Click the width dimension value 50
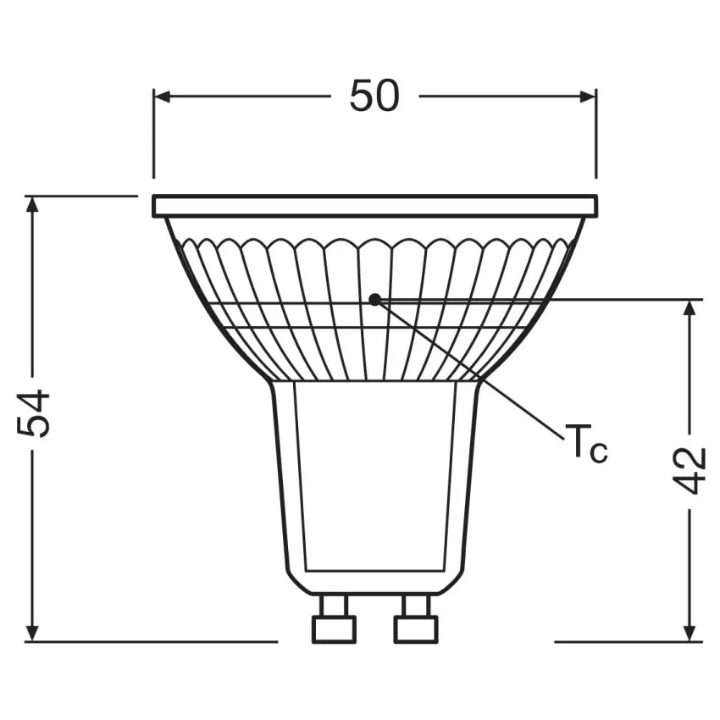[374, 97]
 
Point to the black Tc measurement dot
[374, 298]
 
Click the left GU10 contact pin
[333, 618]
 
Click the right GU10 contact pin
[415, 618]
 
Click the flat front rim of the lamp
[374, 206]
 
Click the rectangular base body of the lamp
[374, 474]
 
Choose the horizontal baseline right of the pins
[627, 642]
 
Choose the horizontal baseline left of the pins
[152, 642]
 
